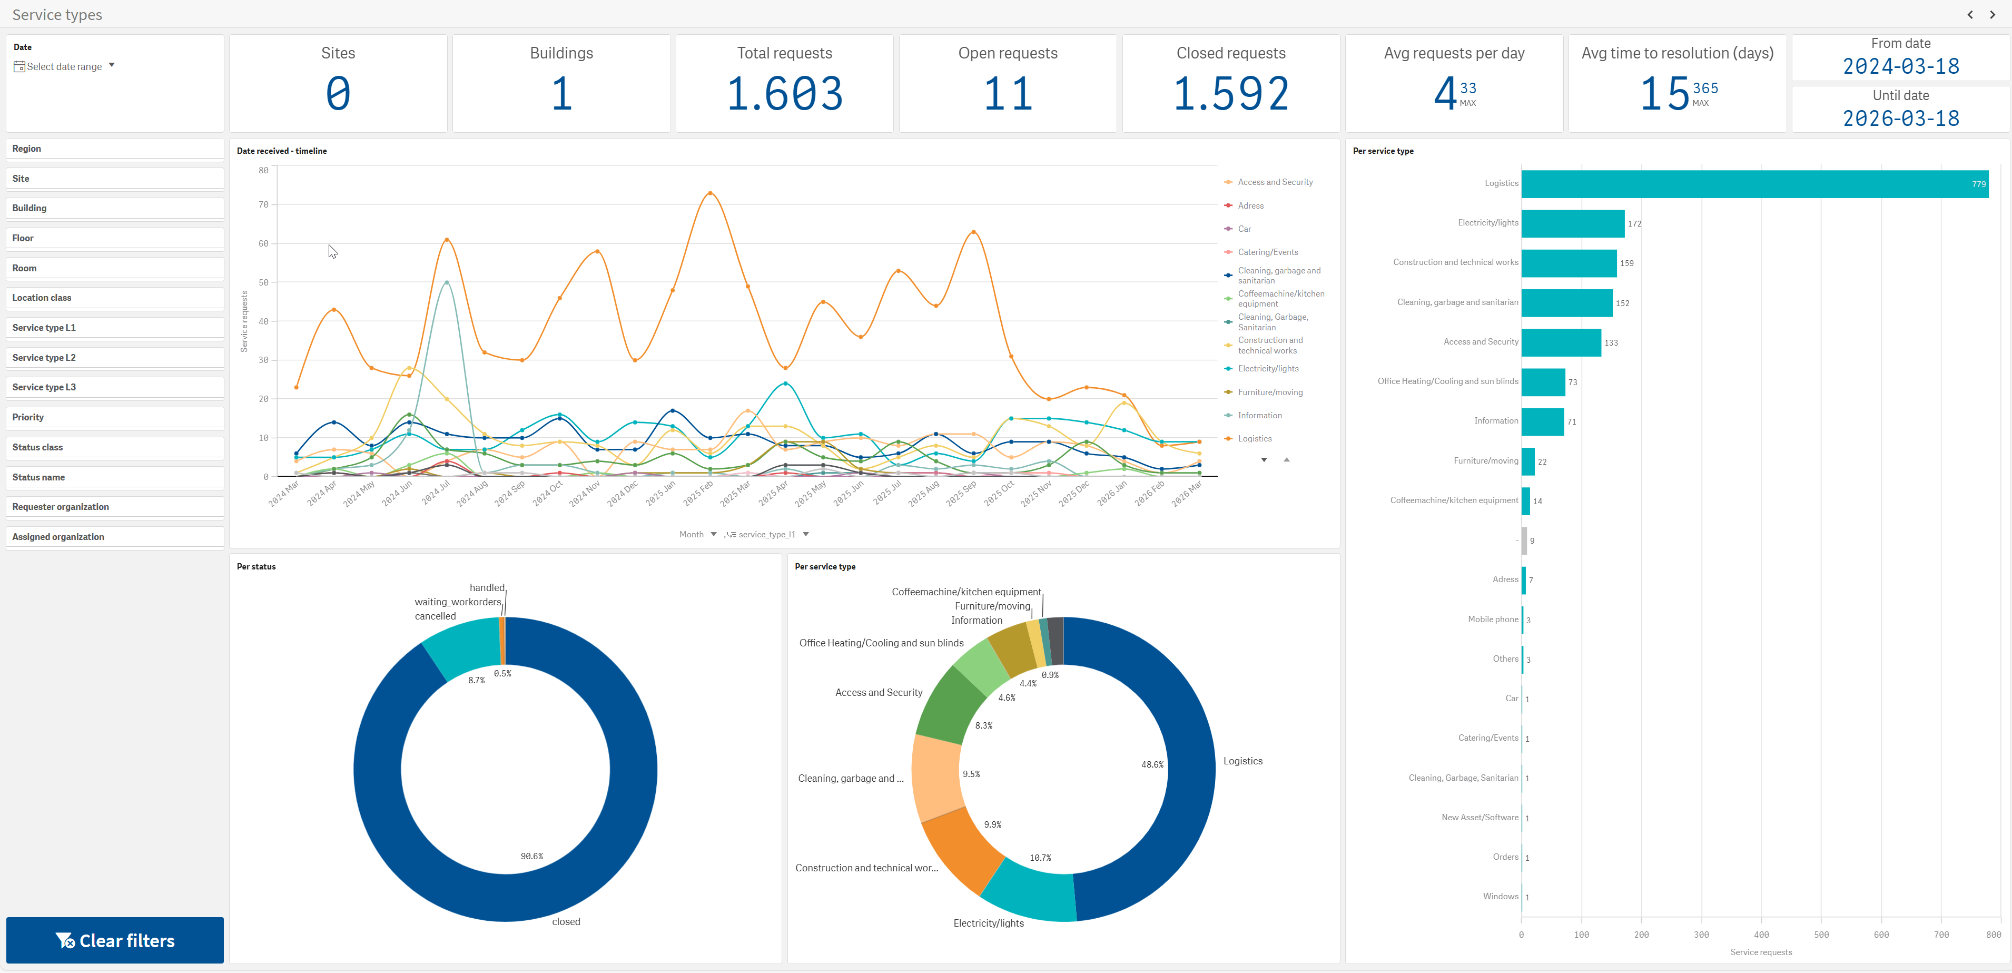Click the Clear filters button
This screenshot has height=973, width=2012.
coord(115,940)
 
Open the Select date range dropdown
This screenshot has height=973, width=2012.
coord(65,66)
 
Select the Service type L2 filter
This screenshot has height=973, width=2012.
coord(115,358)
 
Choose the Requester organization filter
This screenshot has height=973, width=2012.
coord(115,507)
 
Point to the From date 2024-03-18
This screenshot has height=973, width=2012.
coord(1901,66)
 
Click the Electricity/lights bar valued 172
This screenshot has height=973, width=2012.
coord(1573,223)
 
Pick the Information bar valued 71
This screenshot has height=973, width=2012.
coord(1543,421)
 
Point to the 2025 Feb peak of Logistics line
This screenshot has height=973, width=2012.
coord(710,193)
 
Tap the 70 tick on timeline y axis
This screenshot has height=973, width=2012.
coord(263,204)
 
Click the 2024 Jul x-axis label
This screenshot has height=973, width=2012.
coord(436,493)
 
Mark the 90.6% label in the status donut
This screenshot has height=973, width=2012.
coord(532,857)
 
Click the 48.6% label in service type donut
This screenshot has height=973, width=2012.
coord(1152,764)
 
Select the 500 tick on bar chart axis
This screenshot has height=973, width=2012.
coord(1821,935)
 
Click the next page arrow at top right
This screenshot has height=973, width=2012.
coord(1993,15)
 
